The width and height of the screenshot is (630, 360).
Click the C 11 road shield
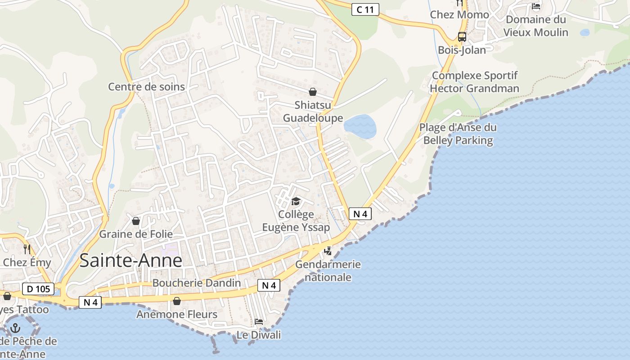[365, 9]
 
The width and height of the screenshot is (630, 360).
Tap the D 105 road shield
[38, 289]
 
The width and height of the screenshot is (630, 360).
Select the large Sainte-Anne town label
[131, 261]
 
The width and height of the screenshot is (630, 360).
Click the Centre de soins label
[146, 86]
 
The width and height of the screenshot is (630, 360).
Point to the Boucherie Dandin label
[197, 283]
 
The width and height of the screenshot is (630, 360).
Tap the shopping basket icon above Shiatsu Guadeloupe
[313, 92]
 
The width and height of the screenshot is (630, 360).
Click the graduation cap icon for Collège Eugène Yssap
[296, 201]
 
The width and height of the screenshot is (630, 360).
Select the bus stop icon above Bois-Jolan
[462, 37]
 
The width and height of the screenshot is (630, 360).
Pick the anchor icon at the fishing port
[16, 328]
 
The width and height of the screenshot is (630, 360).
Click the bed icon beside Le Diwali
[259, 321]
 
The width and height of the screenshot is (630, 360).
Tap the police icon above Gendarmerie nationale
[328, 251]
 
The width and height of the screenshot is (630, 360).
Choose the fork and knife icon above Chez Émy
[27, 248]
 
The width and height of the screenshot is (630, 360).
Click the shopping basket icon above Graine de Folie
[136, 221]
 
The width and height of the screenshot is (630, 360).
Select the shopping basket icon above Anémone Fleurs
[177, 301]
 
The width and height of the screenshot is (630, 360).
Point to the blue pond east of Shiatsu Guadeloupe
[360, 126]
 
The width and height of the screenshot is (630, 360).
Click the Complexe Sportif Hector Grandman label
[474, 82]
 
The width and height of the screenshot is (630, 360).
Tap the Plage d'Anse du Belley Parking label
[458, 134]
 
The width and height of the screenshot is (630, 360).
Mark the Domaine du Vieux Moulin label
[535, 26]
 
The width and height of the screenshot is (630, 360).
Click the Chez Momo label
[459, 15]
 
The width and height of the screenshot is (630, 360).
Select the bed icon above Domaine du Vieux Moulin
[536, 6]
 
